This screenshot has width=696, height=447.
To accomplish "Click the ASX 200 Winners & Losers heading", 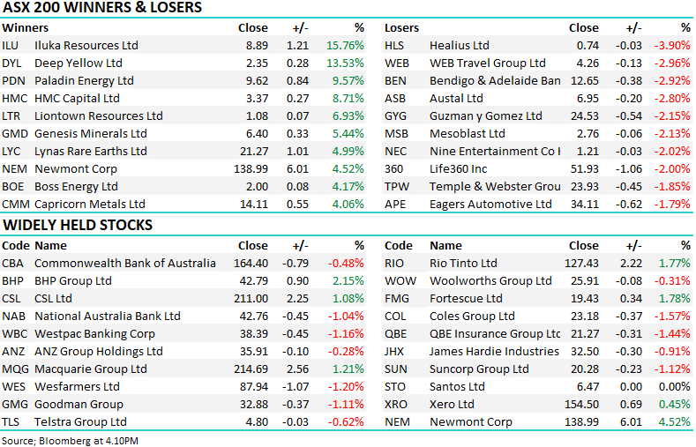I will (x=102, y=8).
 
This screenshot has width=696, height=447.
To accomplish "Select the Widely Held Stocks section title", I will (x=78, y=225).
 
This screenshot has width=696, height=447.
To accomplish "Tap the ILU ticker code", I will (x=10, y=45).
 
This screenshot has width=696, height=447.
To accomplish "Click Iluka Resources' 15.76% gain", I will (x=345, y=45).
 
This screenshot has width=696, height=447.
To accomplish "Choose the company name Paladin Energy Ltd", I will (x=84, y=80).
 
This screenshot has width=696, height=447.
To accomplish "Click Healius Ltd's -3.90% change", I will (x=672, y=45).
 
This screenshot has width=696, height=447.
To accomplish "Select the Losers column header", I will (x=402, y=27).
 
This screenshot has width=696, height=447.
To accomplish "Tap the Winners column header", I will (x=24, y=27).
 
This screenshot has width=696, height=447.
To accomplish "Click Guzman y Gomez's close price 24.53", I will (x=583, y=115).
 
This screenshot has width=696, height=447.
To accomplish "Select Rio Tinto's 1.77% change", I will (x=675, y=263).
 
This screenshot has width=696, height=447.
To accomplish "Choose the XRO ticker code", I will (x=396, y=404).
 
